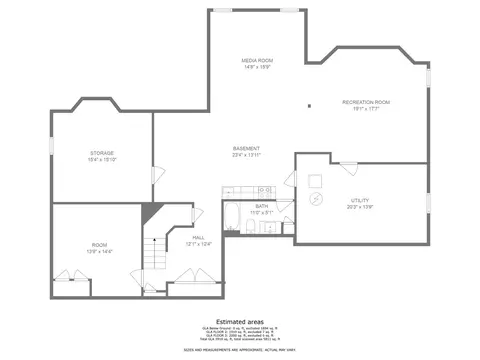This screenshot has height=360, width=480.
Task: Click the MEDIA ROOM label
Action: click(x=257, y=61)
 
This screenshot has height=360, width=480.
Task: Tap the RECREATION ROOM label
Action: click(x=365, y=102)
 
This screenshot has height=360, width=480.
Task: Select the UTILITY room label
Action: click(x=359, y=201)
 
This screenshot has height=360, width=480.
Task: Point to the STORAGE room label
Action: click(x=101, y=153)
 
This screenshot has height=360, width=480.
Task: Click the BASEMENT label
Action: click(x=246, y=148)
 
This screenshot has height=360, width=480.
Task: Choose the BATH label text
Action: click(x=261, y=206)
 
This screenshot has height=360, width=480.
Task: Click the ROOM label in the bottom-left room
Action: click(x=100, y=245)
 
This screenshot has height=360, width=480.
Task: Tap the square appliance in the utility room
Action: click(x=314, y=180)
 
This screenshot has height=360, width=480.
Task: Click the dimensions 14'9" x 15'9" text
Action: click(x=257, y=68)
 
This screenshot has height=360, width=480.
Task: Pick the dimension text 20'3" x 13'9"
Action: click(x=359, y=207)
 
